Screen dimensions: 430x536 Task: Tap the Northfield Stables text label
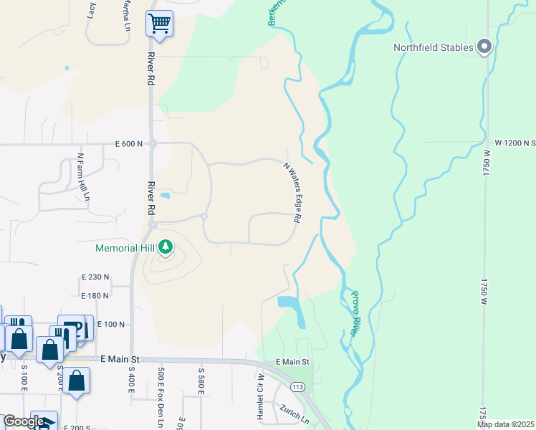pos(434,48)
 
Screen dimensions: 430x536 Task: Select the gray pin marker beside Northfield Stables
pos(484,47)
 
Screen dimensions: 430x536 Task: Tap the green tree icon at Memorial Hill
pos(166,247)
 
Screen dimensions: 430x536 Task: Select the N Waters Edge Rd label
pos(291,192)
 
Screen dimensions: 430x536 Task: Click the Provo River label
pos(355,314)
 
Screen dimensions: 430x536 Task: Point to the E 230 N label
pos(95,276)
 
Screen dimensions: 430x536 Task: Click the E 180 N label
pos(95,295)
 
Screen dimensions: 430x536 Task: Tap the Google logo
pos(24,421)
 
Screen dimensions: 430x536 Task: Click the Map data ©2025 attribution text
pos(505,424)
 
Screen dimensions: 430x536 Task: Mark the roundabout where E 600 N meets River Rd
pos(153,144)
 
